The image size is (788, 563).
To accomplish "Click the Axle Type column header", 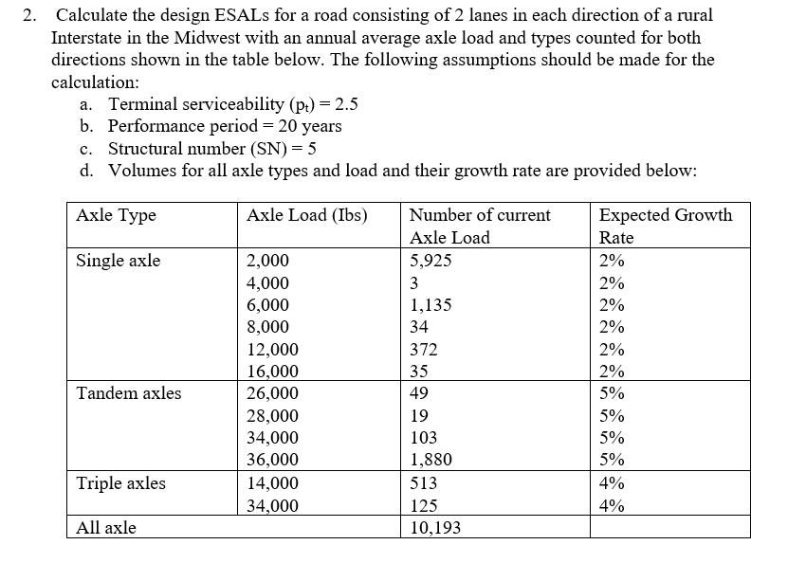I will [116, 215].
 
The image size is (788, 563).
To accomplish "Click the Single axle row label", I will [118, 261].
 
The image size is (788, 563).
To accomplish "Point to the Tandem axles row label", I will [128, 393].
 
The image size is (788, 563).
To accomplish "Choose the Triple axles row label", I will [120, 483].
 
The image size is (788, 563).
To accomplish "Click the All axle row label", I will [105, 528].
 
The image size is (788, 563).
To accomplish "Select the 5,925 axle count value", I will [431, 261].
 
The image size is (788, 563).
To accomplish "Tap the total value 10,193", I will [435, 528].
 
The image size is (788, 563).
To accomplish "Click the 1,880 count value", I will [431, 461].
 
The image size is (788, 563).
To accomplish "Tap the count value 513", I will [423, 483].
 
